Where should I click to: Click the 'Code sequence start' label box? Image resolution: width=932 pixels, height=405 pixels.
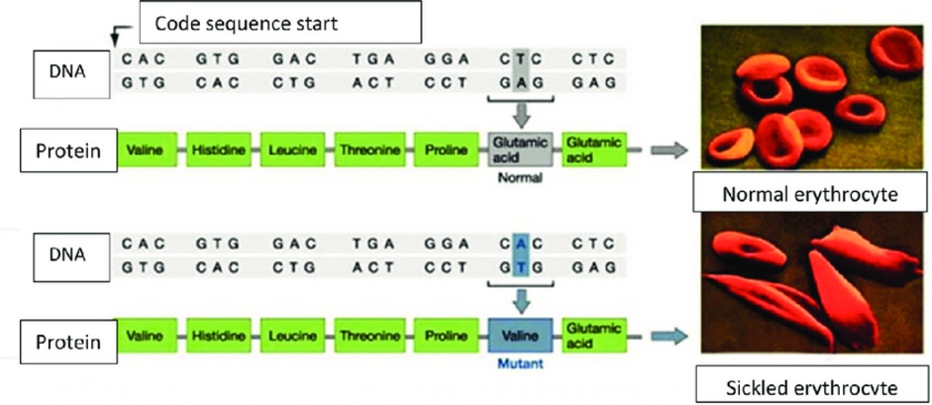(x=280, y=22)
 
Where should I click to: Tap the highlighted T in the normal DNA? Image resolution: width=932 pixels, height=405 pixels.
(x=521, y=58)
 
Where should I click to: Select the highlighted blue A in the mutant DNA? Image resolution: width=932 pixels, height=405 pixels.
(x=521, y=244)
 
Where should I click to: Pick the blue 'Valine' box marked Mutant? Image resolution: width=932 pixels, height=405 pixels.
(x=521, y=336)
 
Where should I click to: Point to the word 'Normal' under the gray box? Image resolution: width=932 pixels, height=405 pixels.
(x=521, y=177)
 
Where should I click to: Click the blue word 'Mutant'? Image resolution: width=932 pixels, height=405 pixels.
(x=521, y=363)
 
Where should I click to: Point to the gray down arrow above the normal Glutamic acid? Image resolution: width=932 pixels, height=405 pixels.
(x=521, y=114)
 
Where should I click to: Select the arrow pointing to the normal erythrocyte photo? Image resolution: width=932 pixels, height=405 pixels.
(x=669, y=151)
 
